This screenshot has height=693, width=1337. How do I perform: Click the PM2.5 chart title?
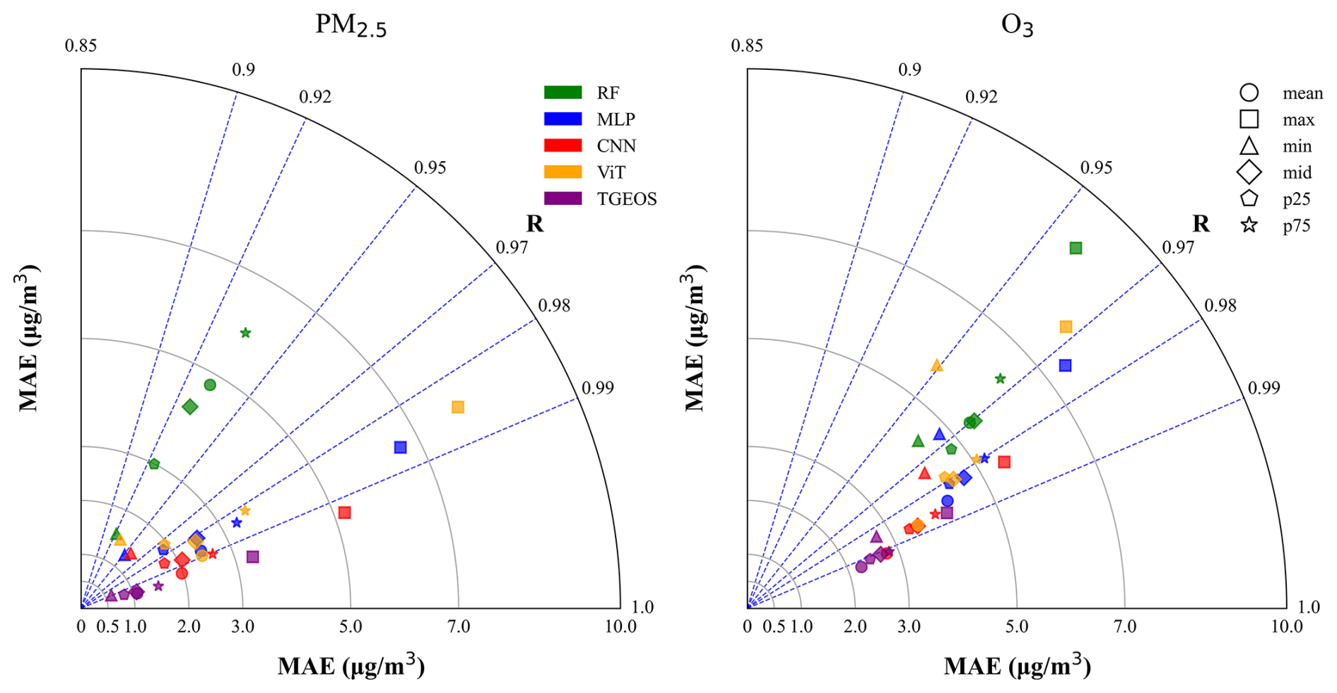click(351, 25)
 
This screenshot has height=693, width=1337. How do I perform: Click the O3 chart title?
click(1017, 25)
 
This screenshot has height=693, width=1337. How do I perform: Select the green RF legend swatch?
click(563, 93)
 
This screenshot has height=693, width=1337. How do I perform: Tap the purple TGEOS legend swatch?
click(563, 199)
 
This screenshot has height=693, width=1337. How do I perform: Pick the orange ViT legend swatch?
click(563, 172)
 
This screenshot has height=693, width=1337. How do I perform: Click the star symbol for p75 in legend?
click(1249, 225)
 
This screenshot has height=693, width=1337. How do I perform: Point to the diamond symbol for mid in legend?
click(1249, 172)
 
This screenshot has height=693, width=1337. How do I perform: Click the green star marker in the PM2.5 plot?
click(245, 333)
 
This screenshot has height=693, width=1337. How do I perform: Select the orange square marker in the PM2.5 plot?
click(458, 407)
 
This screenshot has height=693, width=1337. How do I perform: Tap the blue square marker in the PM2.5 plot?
click(401, 447)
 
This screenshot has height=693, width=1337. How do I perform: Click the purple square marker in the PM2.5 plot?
click(253, 557)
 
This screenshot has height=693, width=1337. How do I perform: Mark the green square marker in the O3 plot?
click(1076, 248)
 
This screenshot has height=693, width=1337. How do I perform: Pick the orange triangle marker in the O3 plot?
click(936, 365)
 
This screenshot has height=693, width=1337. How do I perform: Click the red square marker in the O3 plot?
click(1004, 462)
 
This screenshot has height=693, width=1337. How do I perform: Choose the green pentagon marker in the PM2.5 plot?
click(154, 464)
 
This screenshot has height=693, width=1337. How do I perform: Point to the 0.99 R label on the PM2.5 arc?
click(598, 388)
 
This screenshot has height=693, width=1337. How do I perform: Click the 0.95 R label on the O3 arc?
click(1096, 167)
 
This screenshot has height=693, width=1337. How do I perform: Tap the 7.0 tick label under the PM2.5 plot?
click(459, 627)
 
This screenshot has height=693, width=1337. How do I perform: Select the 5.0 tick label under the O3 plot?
click(1017, 627)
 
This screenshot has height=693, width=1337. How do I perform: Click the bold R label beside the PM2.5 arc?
click(535, 223)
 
